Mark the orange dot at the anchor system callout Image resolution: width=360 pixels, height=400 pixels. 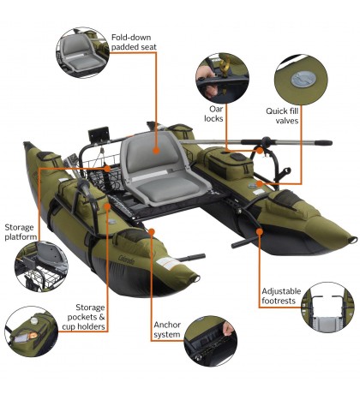(152, 230)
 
